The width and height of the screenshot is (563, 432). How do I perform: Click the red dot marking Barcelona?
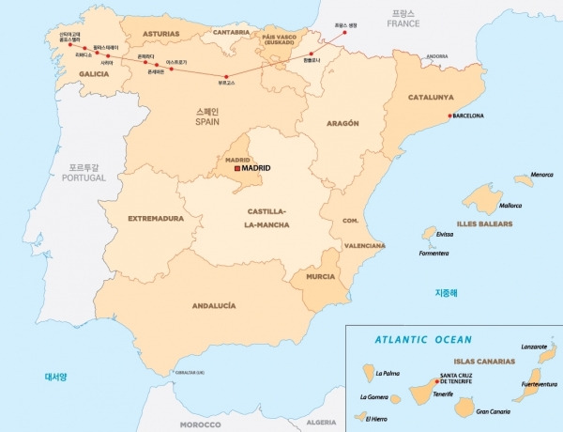coord(448,116)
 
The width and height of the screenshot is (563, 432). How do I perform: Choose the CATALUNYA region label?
coord(431,97)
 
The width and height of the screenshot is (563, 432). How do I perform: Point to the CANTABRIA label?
coord(231,31)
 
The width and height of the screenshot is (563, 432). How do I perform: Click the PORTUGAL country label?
coord(78,177)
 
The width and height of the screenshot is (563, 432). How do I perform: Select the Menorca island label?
coord(541,175)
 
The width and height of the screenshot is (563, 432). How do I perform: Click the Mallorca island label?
coord(510,205)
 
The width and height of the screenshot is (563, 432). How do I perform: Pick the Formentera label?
coord(433,253)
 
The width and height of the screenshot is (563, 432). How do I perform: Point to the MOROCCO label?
coord(201,424)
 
